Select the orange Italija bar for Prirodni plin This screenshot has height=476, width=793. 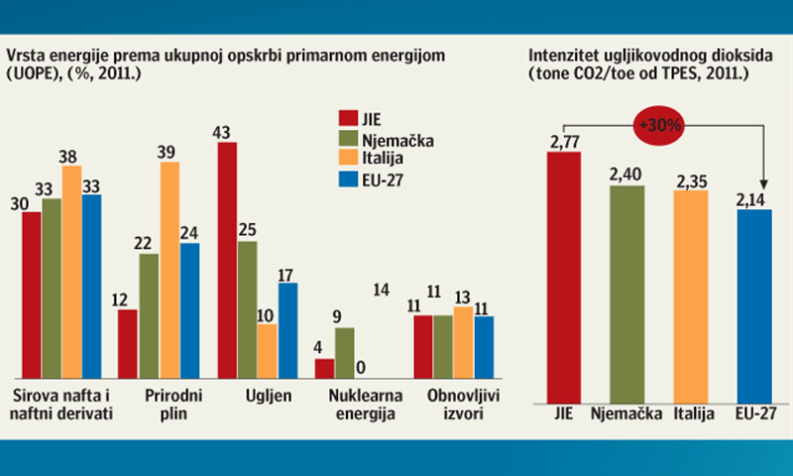point(170,269)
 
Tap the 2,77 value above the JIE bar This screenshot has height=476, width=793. point(564,145)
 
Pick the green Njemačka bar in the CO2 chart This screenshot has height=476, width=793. point(625,293)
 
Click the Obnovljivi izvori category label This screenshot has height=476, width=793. point(455,404)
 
